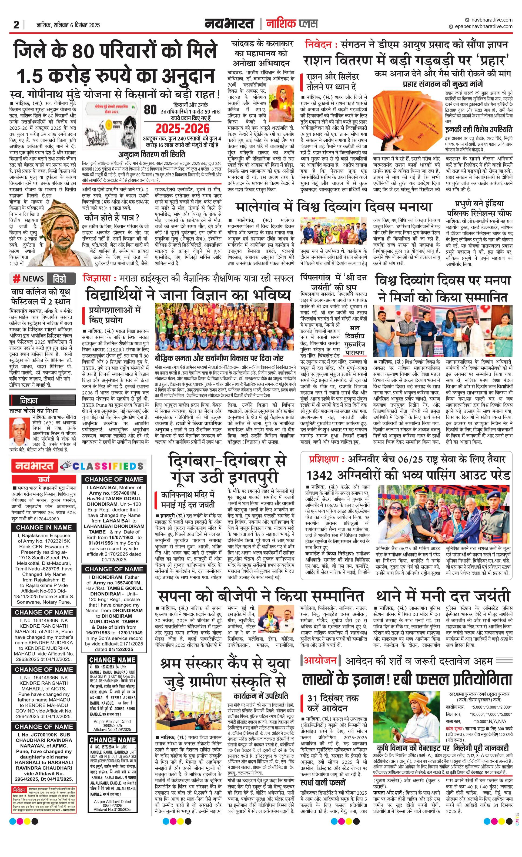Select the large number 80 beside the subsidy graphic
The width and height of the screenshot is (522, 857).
pyautogui.click(x=150, y=110)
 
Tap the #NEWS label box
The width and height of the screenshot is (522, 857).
pyautogui.click(x=29, y=279)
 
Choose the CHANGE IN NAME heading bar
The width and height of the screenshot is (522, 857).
pyautogui.click(x=44, y=527)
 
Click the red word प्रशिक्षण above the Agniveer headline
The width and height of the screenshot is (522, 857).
pyautogui.click(x=323, y=460)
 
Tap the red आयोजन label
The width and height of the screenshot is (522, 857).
pyautogui.click(x=320, y=660)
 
